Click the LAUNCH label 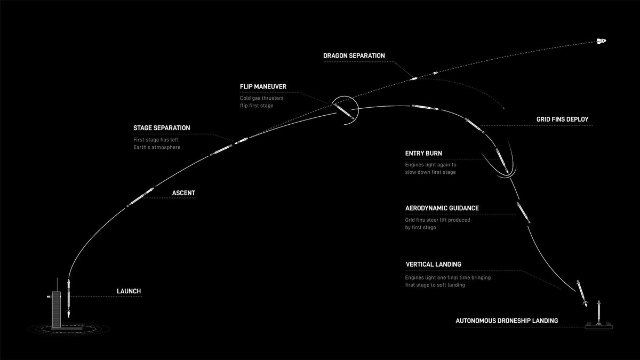(x=129, y=291)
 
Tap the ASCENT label (x=183, y=193)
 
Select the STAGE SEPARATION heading (x=162, y=128)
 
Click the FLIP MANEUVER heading (x=263, y=86)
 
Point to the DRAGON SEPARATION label (x=354, y=55)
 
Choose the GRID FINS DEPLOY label (x=562, y=119)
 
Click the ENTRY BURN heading (x=423, y=154)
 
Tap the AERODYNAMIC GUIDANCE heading (x=442, y=209)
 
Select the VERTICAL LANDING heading (x=434, y=265)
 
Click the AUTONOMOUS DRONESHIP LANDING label (x=507, y=321)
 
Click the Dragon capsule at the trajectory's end (x=601, y=41)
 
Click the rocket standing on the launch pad (x=69, y=298)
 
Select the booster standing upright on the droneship (x=598, y=313)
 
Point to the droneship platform (x=598, y=326)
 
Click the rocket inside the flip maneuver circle (x=345, y=111)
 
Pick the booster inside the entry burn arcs (x=502, y=161)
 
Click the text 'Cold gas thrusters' (x=262, y=98)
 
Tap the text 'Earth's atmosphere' (x=157, y=147)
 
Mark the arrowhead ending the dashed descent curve (x=503, y=108)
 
